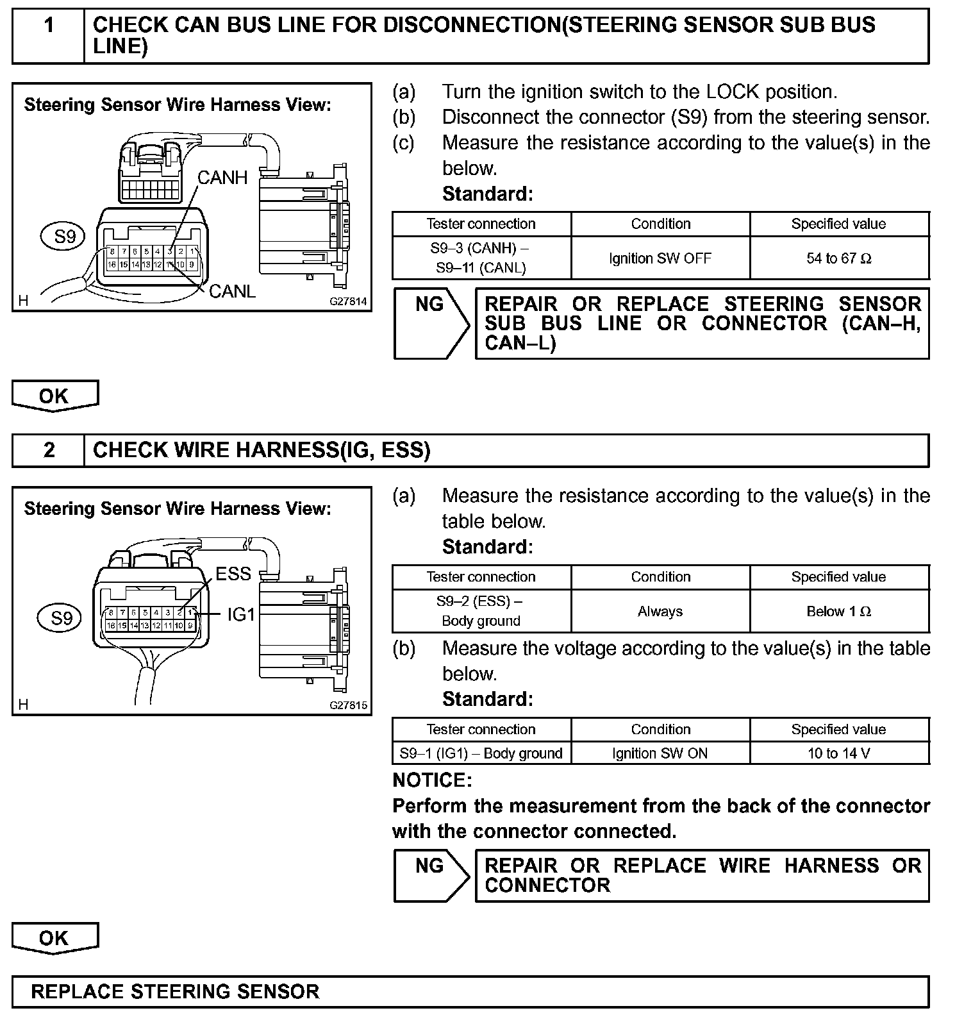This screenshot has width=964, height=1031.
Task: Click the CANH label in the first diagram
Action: tap(222, 178)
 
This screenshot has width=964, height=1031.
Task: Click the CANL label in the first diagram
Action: tap(232, 292)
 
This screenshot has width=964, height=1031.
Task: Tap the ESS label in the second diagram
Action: tap(233, 574)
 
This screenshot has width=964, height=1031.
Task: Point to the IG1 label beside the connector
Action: tap(241, 615)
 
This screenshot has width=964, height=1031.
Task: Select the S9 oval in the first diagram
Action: tap(65, 237)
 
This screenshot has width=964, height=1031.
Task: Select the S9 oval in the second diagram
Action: tap(62, 618)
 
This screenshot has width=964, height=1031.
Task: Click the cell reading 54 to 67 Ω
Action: tap(839, 258)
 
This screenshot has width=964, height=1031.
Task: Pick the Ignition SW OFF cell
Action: tap(660, 258)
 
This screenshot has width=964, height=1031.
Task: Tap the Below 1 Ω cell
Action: tap(839, 611)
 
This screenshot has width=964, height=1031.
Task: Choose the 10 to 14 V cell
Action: tap(839, 753)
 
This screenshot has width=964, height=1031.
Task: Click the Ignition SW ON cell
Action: tap(660, 753)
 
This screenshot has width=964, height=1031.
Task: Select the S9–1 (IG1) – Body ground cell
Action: tap(481, 753)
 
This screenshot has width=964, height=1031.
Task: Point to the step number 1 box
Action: tap(49, 26)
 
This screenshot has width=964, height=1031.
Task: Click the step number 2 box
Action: tap(49, 450)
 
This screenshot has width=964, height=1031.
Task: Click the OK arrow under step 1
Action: tap(54, 396)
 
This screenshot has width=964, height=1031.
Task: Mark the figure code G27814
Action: tap(349, 301)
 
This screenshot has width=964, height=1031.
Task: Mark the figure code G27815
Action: tap(349, 705)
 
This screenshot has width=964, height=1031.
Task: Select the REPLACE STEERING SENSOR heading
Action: tap(175, 992)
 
